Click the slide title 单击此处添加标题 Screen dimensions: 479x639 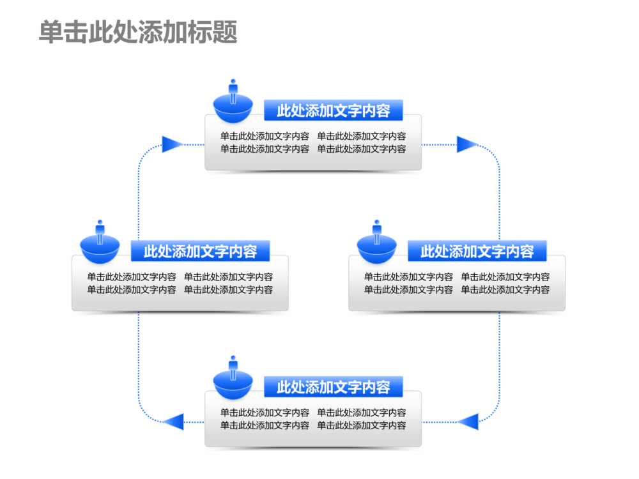tap(138, 32)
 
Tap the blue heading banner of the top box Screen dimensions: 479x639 tap(334, 110)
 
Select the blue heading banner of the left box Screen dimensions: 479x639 tap(200, 251)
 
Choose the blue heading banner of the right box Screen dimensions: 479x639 tap(477, 251)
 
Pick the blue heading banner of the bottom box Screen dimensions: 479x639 tap(334, 386)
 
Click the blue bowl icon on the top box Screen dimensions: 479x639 tap(233, 111)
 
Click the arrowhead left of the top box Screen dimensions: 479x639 tap(171, 144)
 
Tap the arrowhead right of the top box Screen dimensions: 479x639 tap(466, 144)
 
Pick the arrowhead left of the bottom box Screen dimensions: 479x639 tap(173, 422)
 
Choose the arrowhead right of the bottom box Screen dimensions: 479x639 tap(468, 422)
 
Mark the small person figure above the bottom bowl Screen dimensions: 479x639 tap(233, 365)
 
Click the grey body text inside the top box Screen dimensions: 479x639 tap(313, 142)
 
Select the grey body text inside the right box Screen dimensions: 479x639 tap(457, 283)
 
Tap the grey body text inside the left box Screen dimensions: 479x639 tap(180, 283)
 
